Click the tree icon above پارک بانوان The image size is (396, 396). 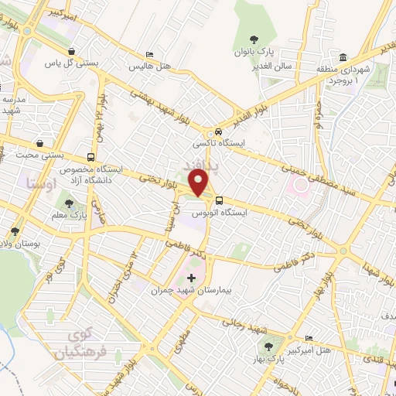253,39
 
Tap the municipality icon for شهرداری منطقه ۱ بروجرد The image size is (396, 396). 342,56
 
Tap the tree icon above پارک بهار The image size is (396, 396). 268,347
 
